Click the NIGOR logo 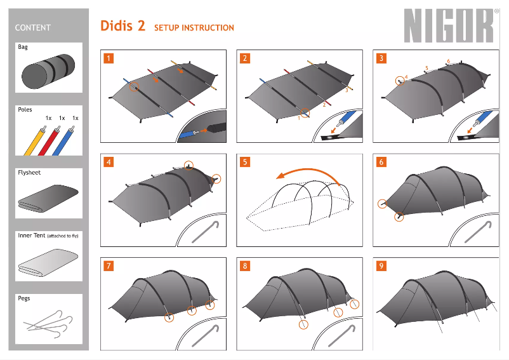pos(449,26)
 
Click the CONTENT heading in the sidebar pos(32,28)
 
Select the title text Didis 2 pos(122,26)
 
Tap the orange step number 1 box pos(109,58)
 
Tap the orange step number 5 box pos(245,162)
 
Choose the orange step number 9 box pos(381,265)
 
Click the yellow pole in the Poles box pos(34,140)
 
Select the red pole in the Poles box pos(50,140)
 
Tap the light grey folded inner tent pos(49,262)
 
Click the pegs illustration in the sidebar pos(49,322)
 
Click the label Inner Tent pos(32,236)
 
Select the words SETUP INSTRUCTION pos(194,28)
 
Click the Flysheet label pos(29,173)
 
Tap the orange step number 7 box pos(109,265)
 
